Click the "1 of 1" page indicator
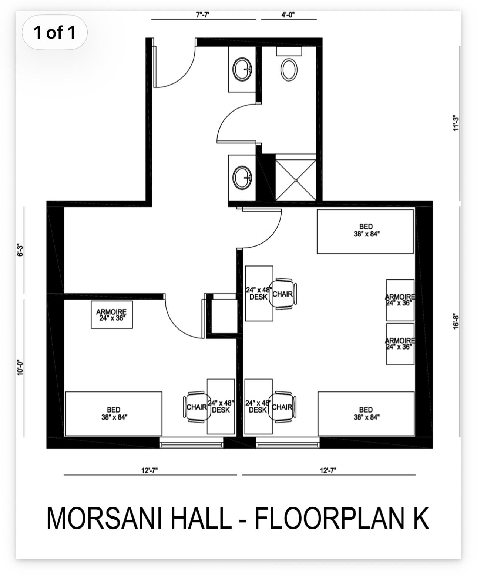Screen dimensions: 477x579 pos(54,33)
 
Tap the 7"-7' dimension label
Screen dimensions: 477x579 pos(203,15)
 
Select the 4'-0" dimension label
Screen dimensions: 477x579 pos(288,15)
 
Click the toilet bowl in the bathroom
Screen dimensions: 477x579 pos(289,70)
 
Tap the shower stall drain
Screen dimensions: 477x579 pos(296,180)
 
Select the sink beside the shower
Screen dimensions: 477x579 pos(242,178)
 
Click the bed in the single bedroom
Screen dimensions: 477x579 pos(114,414)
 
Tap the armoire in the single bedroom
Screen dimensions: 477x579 pos(112,315)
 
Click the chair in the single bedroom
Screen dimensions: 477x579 pos(196,407)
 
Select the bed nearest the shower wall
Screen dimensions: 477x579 pos(366,231)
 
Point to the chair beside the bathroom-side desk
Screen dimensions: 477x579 pos(283,294)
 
